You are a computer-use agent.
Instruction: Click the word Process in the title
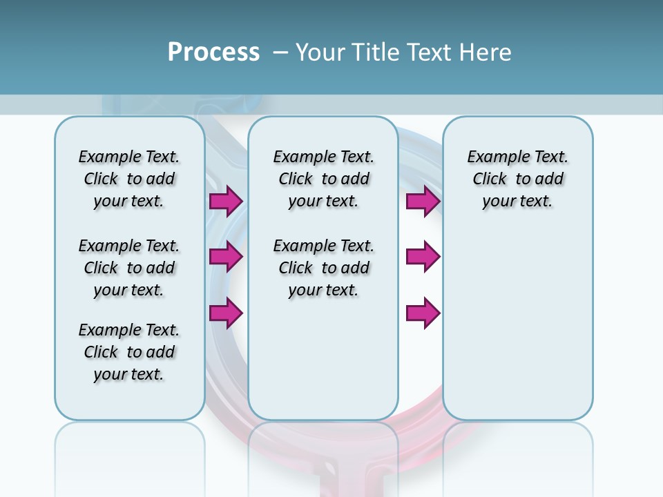point(213,52)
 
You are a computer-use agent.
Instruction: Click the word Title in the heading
point(376,52)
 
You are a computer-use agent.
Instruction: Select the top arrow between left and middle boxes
point(226,202)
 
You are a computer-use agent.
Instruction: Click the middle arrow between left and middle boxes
point(226,257)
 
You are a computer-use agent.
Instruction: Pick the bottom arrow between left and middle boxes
point(226,313)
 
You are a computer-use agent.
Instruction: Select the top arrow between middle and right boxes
point(423,202)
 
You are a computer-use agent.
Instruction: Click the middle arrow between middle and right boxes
point(423,257)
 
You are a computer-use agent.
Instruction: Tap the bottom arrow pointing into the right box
point(423,313)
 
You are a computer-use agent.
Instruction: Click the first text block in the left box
point(129,179)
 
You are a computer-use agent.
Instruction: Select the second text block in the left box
point(129,268)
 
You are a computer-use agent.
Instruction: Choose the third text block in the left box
point(129,352)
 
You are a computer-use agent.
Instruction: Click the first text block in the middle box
point(323,179)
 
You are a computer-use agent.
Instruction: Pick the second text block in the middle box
point(323,268)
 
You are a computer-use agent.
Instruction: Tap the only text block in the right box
point(517,179)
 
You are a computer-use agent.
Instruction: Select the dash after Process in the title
point(280,52)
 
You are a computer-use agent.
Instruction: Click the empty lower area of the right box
point(517,331)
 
